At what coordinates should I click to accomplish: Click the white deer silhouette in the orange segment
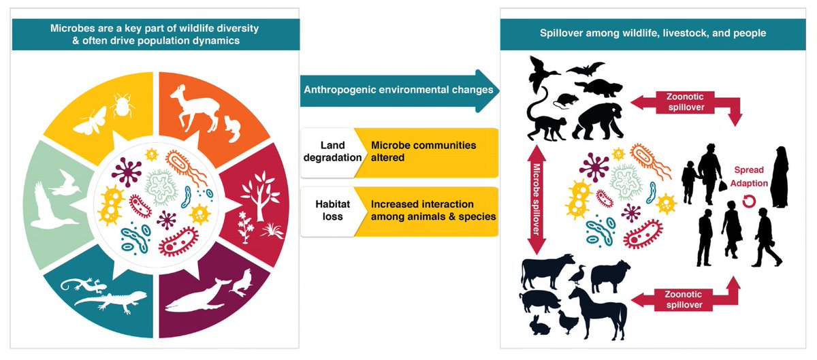pos(194,109)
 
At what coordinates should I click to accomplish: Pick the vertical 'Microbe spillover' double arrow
pos(536,199)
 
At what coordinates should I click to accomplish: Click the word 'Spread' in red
pos(748,169)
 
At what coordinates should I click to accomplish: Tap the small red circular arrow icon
pos(749,201)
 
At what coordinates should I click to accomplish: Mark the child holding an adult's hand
pos(689,182)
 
